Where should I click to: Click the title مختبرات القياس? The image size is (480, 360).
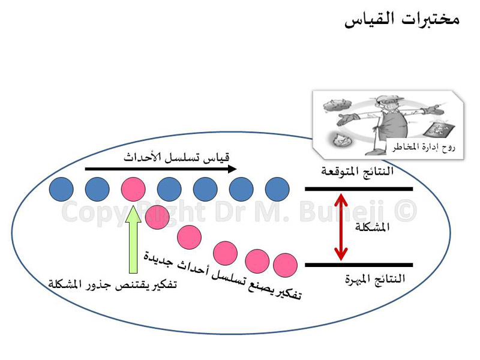coord(402,20)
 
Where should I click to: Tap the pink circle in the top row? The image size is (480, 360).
coord(133,189)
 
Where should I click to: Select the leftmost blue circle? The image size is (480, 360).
coord(61,189)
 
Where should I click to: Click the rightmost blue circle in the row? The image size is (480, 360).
coord(277,189)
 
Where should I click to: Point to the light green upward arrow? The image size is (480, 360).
coord(133,239)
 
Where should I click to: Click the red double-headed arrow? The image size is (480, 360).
coord(341,227)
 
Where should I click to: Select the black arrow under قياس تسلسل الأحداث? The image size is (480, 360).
coord(161,169)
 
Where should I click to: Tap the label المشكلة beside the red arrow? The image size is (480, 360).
coord(372,227)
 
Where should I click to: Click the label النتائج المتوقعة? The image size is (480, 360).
coord(357,171)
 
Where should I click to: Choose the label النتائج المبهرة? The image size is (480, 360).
coord(375,279)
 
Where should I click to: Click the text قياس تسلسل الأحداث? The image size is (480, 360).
coord(176,157)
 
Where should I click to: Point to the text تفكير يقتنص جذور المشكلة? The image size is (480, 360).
coord(113,284)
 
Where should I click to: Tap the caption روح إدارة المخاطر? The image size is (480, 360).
coord(424,147)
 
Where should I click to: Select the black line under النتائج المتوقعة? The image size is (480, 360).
coord(359,189)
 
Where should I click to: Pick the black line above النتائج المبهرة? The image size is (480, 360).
coord(359,265)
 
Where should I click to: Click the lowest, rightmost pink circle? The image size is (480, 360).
coord(285,265)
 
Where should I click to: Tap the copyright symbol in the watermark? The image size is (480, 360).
coord(406,211)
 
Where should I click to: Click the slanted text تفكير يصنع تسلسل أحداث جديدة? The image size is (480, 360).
coord(223,275)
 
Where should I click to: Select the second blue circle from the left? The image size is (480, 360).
coord(97,189)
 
